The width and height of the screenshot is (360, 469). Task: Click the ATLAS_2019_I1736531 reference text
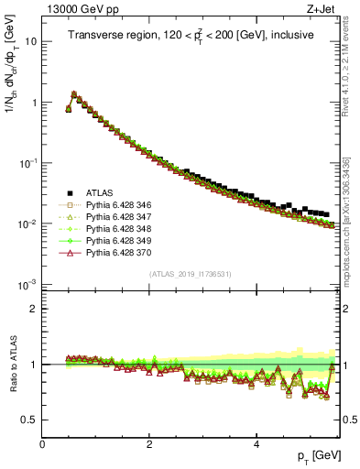point(191,274)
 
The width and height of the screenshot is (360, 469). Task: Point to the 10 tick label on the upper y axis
point(30,42)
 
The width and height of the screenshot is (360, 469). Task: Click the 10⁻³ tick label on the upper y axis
point(27,284)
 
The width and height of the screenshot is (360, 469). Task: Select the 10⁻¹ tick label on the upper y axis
point(27,163)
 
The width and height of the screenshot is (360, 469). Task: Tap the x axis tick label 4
point(256,444)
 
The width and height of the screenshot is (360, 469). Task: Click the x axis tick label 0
point(43,444)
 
